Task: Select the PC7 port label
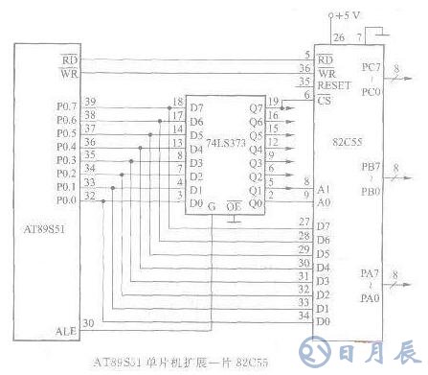pyautogui.click(x=371, y=68)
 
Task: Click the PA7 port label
pyautogui.click(x=370, y=276)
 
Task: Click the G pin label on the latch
pyautogui.click(x=213, y=204)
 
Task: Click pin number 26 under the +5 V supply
pyautogui.click(x=337, y=38)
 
